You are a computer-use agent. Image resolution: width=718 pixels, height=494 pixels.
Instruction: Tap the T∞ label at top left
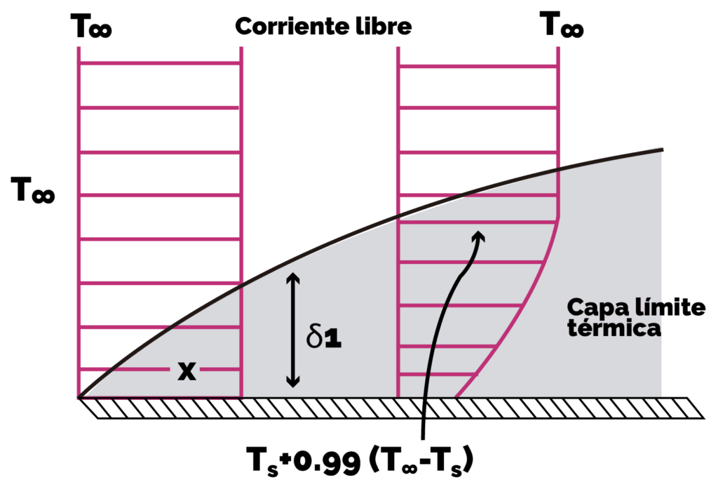click(91, 26)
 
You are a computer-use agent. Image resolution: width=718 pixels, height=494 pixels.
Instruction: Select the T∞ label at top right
click(562, 25)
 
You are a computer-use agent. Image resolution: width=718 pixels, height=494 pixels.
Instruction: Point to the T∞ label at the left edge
click(33, 190)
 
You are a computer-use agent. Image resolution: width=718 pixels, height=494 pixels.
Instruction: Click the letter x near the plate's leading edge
click(187, 370)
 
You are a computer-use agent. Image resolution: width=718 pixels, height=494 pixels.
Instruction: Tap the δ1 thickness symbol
click(324, 338)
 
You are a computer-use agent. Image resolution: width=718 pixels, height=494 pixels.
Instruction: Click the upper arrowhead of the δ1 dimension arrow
click(293, 276)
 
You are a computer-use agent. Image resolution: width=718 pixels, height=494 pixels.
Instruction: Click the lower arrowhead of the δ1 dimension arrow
click(293, 382)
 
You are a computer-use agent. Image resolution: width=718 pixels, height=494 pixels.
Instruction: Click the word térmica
click(614, 328)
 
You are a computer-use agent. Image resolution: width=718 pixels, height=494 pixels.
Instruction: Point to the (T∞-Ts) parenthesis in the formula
click(421, 461)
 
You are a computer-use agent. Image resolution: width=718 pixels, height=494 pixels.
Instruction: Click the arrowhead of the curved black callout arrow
click(479, 236)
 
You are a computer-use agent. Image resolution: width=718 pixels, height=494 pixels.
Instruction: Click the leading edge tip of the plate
click(79, 398)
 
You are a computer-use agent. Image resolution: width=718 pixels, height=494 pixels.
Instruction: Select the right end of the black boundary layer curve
click(662, 149)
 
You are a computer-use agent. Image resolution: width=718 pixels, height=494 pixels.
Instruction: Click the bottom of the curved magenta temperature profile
click(456, 397)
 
